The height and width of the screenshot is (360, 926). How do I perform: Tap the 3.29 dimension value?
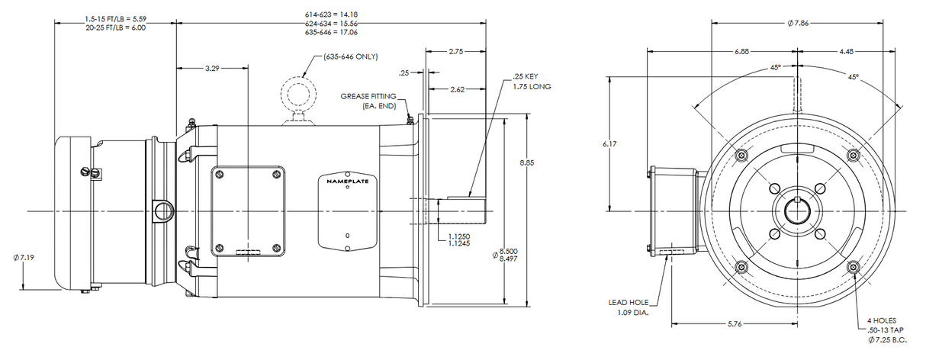(x=212, y=69)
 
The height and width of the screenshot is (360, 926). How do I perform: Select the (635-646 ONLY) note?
(x=351, y=56)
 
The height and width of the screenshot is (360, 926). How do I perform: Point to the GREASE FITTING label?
(x=369, y=96)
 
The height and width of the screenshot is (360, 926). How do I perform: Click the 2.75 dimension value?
(x=456, y=52)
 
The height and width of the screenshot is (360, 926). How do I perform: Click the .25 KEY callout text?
(x=526, y=77)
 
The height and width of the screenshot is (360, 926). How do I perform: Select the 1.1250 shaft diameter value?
(x=458, y=236)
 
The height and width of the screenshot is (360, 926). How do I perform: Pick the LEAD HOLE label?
(x=629, y=303)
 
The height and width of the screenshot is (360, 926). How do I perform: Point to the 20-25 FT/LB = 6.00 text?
(x=116, y=27)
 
